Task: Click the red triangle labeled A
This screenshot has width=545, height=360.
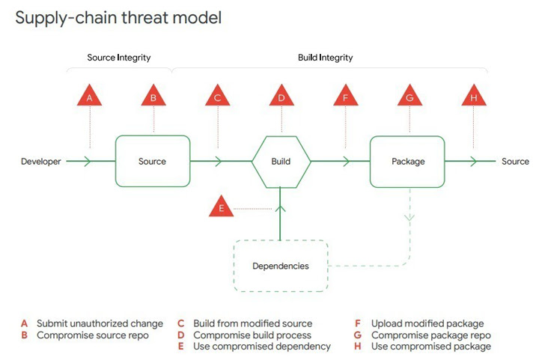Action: tap(90, 98)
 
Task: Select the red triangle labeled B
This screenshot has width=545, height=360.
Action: tap(153, 98)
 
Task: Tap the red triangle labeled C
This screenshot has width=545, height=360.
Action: tap(217, 98)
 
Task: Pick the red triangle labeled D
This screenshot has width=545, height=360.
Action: tap(281, 98)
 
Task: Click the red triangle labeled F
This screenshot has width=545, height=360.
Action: tap(345, 98)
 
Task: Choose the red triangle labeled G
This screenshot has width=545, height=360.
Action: tap(409, 98)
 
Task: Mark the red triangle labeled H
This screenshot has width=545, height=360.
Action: tap(473, 98)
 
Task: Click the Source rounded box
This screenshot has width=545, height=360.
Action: tap(153, 161)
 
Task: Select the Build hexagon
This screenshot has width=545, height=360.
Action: tap(281, 161)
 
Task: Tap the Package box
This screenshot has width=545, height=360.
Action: tap(409, 161)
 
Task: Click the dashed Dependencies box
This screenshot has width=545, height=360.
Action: tap(281, 266)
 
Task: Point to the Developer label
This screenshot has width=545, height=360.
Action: tap(40, 161)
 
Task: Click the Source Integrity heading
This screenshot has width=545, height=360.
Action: tap(118, 58)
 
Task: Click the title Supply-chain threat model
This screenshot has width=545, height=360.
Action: tap(118, 17)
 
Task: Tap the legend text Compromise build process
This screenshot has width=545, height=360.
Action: tap(252, 335)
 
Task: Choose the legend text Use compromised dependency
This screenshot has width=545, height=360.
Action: tap(262, 347)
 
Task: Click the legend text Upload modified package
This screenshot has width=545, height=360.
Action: tap(427, 323)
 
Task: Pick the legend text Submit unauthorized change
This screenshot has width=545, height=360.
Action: tap(100, 323)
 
